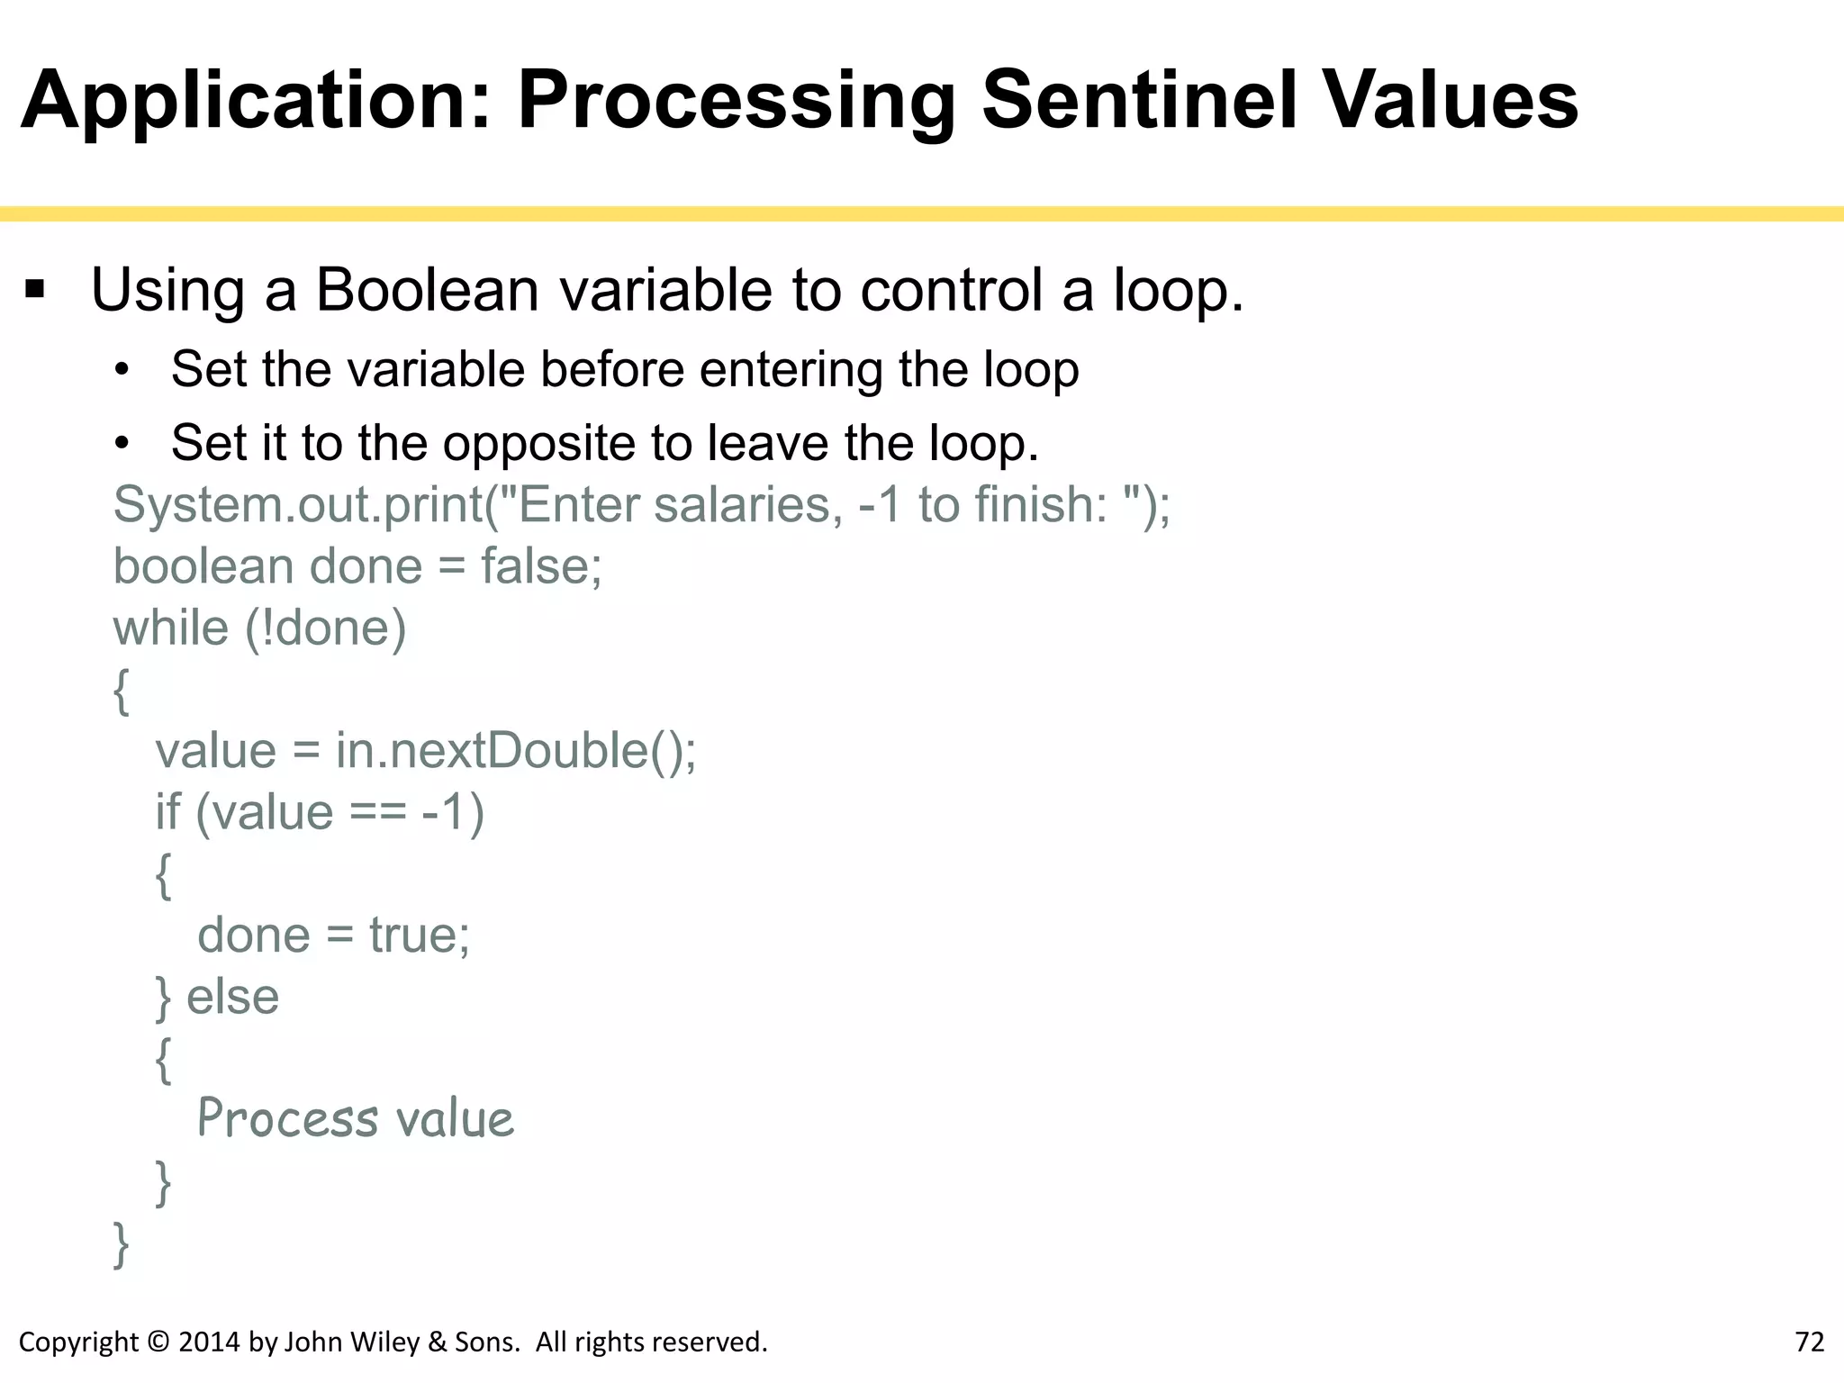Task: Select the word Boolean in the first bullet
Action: point(428,290)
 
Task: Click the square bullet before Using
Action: point(35,290)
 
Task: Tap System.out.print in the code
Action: point(298,504)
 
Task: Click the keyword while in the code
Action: point(171,628)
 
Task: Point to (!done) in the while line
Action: point(326,628)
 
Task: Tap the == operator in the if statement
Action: point(377,812)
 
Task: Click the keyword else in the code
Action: point(232,997)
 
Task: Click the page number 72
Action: point(1809,1342)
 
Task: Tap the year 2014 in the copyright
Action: point(210,1342)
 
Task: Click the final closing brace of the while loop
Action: point(121,1245)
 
